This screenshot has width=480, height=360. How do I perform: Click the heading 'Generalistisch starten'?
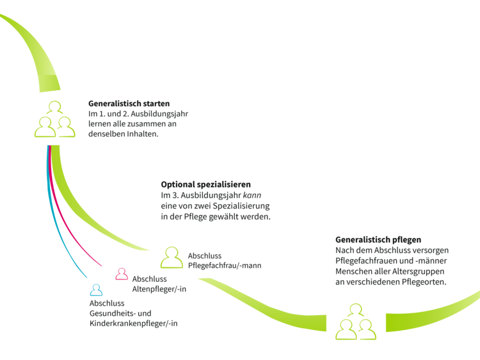(x=129, y=104)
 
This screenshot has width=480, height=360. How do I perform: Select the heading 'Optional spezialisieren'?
(x=205, y=185)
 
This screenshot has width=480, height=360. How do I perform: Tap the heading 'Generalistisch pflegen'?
(x=378, y=240)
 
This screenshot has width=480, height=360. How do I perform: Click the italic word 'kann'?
(x=252, y=195)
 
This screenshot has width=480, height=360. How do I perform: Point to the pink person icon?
(x=122, y=274)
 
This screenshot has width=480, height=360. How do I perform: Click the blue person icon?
(x=96, y=290)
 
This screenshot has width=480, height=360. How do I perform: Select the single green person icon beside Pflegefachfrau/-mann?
(x=172, y=258)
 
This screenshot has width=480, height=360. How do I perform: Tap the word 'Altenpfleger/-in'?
(x=159, y=289)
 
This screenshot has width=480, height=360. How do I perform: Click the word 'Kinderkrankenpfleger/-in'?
(x=134, y=324)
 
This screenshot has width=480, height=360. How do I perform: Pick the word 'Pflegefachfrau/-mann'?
(x=225, y=265)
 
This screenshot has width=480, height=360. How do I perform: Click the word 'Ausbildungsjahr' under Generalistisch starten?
(x=159, y=114)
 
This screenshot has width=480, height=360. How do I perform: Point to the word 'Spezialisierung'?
(x=241, y=206)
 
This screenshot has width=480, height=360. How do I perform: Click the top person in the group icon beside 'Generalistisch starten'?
(x=55, y=107)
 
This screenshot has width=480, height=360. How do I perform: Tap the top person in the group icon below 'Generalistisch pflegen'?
(x=356, y=310)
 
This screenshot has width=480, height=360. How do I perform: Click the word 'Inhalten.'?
(x=143, y=134)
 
